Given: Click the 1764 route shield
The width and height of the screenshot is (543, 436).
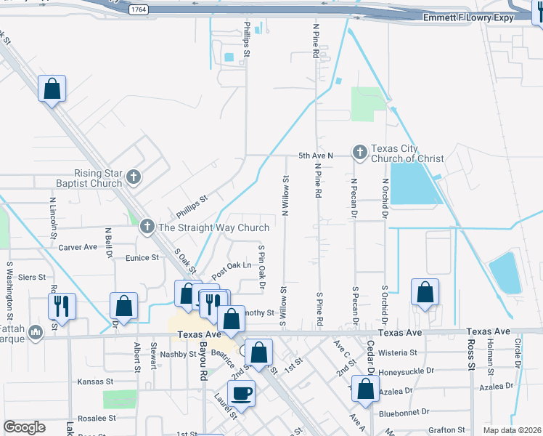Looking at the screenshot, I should click(x=139, y=9).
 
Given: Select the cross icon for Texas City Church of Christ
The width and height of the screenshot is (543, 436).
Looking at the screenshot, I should click(x=359, y=153).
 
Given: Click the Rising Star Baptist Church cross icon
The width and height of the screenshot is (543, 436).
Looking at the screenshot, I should click(x=133, y=176).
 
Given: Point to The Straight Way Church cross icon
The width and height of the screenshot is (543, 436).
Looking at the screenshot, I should click(x=147, y=227).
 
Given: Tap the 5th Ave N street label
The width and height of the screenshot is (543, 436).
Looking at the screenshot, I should click(x=315, y=156).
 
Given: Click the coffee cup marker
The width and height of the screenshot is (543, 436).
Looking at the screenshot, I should click(x=242, y=393).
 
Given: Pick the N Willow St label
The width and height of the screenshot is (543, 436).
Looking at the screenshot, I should click(x=285, y=195).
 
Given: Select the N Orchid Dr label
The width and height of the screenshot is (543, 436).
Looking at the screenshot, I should click(x=385, y=198).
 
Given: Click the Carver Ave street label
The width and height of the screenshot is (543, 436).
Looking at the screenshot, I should click(x=78, y=247).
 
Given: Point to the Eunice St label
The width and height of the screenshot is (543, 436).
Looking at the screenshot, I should click(x=142, y=258).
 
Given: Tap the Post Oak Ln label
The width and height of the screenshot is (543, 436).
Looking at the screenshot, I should click(x=232, y=271).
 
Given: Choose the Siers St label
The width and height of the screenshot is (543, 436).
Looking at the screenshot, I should click(x=32, y=278).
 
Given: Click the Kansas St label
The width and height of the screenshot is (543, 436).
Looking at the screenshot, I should click(x=96, y=381).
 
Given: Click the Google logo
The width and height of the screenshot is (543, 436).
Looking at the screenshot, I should click(x=24, y=427).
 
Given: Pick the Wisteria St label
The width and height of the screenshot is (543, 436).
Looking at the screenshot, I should click(x=398, y=352).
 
